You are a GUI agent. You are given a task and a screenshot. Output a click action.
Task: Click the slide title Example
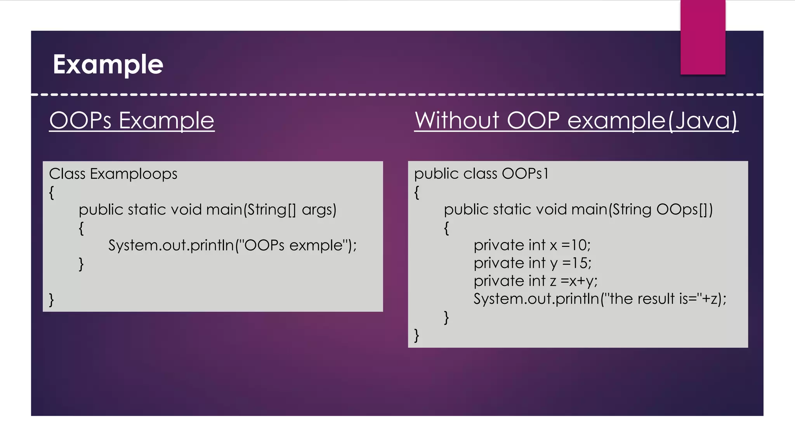pyautogui.click(x=108, y=64)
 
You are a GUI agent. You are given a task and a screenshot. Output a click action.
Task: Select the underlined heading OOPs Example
pyautogui.click(x=132, y=120)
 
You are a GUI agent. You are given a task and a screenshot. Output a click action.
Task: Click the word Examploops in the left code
pyautogui.click(x=134, y=174)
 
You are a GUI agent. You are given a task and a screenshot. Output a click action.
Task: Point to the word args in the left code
pyautogui.click(x=319, y=210)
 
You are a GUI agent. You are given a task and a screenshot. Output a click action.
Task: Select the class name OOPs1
pyautogui.click(x=525, y=173)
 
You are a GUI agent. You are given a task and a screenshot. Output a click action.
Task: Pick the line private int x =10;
pyautogui.click(x=532, y=245)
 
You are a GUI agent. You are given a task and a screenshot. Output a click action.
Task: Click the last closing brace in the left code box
pyautogui.click(x=51, y=300)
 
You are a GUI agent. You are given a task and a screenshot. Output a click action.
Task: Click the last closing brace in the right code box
pyautogui.click(x=417, y=335)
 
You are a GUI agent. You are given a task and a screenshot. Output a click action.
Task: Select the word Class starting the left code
pyautogui.click(x=67, y=174)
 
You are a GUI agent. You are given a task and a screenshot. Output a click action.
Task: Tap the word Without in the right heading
pyautogui.click(x=457, y=120)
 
